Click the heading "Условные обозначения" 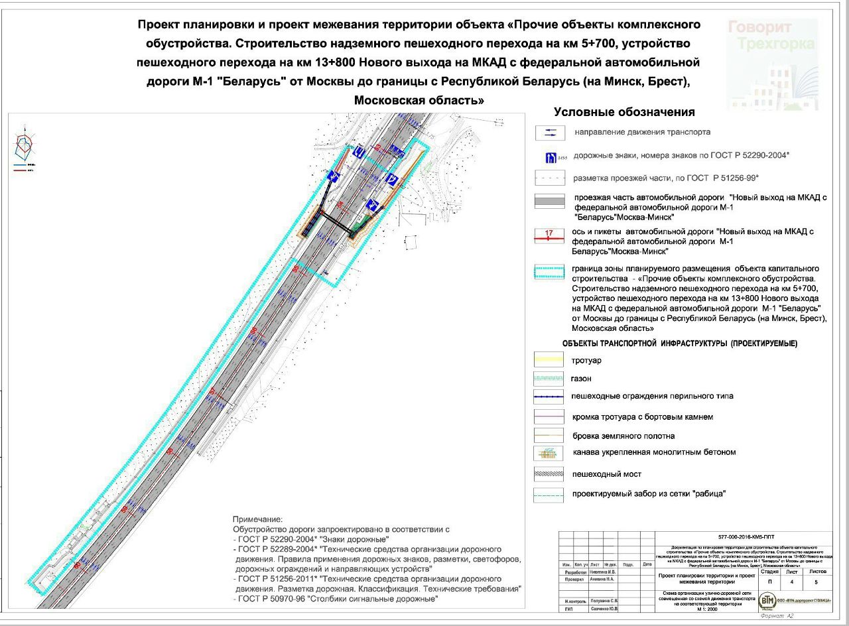pyautogui.click(x=624, y=112)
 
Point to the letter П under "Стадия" pyautogui.click(x=769, y=581)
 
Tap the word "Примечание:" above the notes pyautogui.click(x=257, y=519)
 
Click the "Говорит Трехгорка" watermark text pyautogui.click(x=771, y=36)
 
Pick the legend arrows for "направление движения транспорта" pyautogui.click(x=550, y=133)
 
